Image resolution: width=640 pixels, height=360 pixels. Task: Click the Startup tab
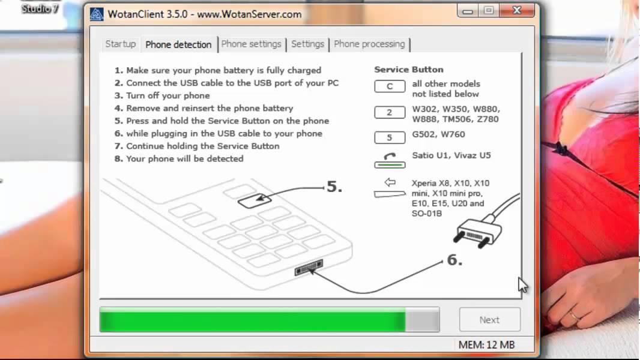pyautogui.click(x=121, y=44)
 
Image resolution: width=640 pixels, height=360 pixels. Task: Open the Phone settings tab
pyautogui.click(x=252, y=44)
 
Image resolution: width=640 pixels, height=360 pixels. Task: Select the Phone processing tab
pyautogui.click(x=369, y=44)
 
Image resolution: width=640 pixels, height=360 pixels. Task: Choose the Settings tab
pyautogui.click(x=308, y=44)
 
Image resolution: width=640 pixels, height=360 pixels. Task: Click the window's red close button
pyautogui.click(x=517, y=10)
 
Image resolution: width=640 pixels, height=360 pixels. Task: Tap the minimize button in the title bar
pyautogui.click(x=468, y=11)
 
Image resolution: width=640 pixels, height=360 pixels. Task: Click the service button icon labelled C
pyautogui.click(x=390, y=86)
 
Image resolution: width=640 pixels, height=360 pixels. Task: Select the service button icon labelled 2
pyautogui.click(x=390, y=112)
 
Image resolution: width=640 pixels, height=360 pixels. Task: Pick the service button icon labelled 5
pyautogui.click(x=390, y=137)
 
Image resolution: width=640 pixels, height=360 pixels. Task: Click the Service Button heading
pyautogui.click(x=409, y=70)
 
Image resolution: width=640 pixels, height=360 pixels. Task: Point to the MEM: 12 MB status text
pyautogui.click(x=486, y=345)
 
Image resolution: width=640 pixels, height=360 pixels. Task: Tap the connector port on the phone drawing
pyautogui.click(x=309, y=268)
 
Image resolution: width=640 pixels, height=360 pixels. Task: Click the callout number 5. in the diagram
pyautogui.click(x=334, y=187)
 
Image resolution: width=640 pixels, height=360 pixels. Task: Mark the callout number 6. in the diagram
pyautogui.click(x=454, y=260)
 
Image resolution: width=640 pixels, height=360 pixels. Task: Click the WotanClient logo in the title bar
pyautogui.click(x=97, y=14)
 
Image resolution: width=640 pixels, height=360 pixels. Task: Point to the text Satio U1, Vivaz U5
pyautogui.click(x=451, y=155)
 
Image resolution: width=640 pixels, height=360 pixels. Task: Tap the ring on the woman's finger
pyautogui.click(x=574, y=315)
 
